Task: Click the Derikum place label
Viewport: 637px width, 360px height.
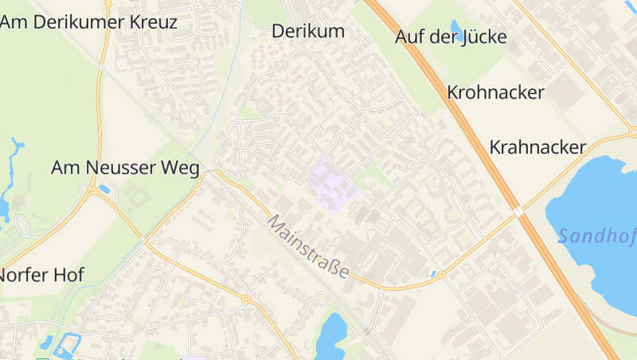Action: pyautogui.click(x=308, y=31)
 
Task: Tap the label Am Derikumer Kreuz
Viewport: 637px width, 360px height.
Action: pyautogui.click(x=88, y=22)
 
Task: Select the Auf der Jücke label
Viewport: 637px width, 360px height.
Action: pyautogui.click(x=450, y=37)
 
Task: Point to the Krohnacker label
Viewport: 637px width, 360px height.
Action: pyautogui.click(x=495, y=92)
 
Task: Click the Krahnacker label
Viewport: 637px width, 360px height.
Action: pyautogui.click(x=537, y=147)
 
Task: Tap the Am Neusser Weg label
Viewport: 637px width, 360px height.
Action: pyautogui.click(x=125, y=167)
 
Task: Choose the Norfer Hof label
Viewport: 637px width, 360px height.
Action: pyautogui.click(x=41, y=275)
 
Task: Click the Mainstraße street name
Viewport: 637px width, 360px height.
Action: pyautogui.click(x=309, y=246)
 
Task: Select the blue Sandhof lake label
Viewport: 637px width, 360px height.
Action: pyautogui.click(x=597, y=236)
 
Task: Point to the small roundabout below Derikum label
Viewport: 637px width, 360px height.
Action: pyautogui.click(x=300, y=47)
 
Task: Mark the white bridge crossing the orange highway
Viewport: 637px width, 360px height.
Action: pyautogui.click(x=518, y=212)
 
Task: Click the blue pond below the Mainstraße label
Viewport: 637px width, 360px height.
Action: pyautogui.click(x=330, y=335)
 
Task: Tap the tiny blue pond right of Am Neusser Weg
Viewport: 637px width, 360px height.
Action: pyautogui.click(x=105, y=190)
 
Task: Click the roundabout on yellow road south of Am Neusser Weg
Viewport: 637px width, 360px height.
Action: pyautogui.click(x=246, y=299)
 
